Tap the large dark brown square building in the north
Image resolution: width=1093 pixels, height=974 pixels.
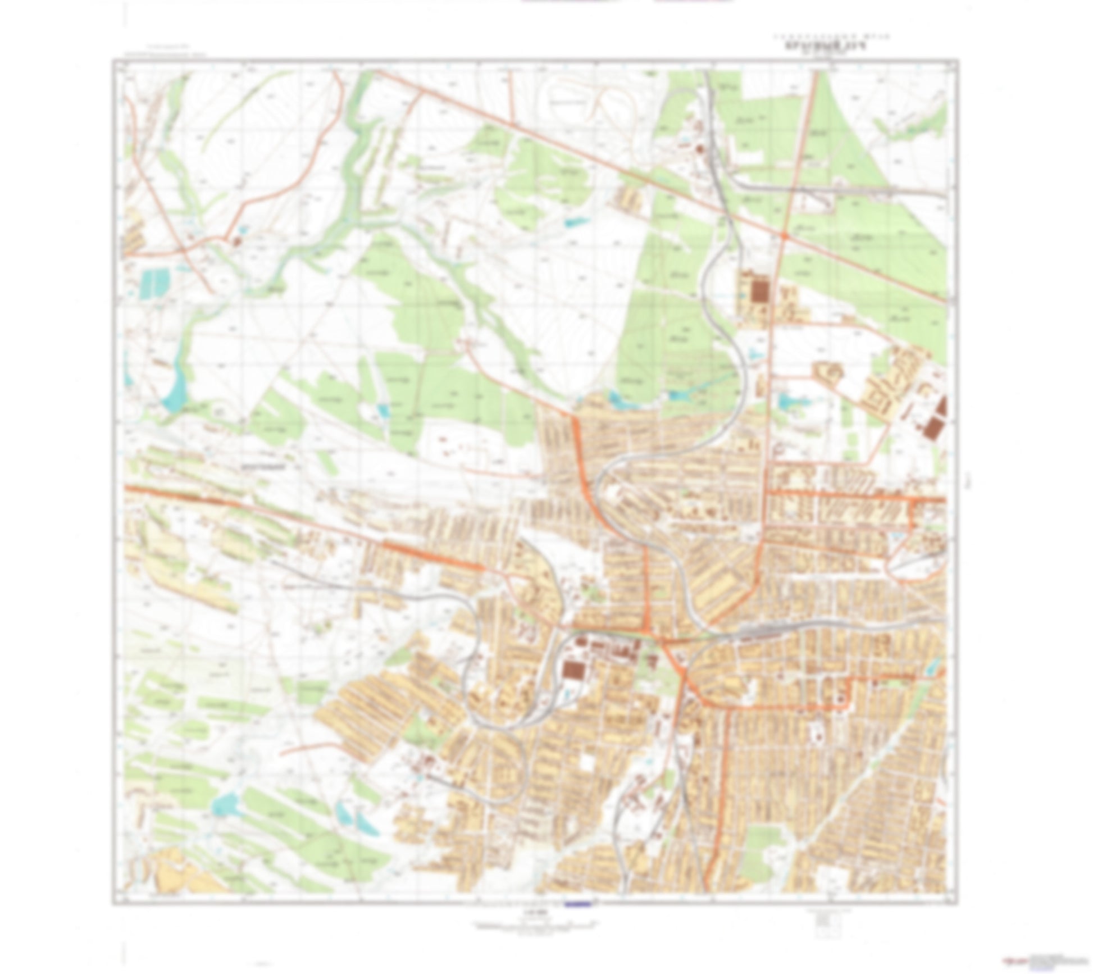pyautogui.click(x=760, y=290)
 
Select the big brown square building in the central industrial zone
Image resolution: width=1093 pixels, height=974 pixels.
pyautogui.click(x=573, y=670)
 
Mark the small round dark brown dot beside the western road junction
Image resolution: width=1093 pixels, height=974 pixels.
pyautogui.click(x=236, y=241)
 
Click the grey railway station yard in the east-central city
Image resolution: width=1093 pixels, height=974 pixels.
pyautogui.click(x=761, y=634)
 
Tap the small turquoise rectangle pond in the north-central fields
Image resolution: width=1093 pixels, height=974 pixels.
pyautogui.click(x=576, y=222)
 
